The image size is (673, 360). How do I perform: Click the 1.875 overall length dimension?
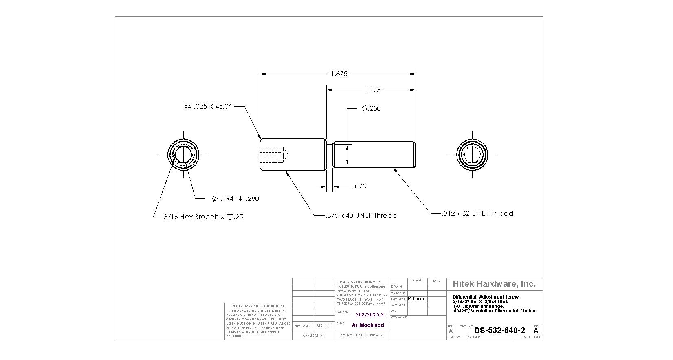point(339,74)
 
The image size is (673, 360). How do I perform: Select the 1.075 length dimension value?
point(372,90)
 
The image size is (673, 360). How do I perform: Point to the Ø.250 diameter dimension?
point(371,108)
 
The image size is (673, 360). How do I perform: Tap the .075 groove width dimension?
point(359,187)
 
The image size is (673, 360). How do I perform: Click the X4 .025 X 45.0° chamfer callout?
point(207,106)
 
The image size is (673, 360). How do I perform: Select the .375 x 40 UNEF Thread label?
point(361,215)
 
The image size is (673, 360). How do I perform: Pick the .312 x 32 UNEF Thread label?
point(478,213)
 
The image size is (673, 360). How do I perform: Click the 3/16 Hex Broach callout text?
point(203,217)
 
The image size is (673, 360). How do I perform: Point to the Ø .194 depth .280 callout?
point(235,198)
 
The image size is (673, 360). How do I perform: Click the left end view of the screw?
point(184,155)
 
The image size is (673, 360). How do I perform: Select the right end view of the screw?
point(473,155)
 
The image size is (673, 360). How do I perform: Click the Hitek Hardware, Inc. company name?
point(494,284)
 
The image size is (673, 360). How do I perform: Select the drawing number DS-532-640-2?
point(499,330)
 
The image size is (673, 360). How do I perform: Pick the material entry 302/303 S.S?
point(370,315)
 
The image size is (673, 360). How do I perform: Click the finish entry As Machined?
point(368,325)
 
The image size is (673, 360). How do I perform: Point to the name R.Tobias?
point(417,299)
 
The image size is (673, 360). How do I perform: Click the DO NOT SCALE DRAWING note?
point(362,335)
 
